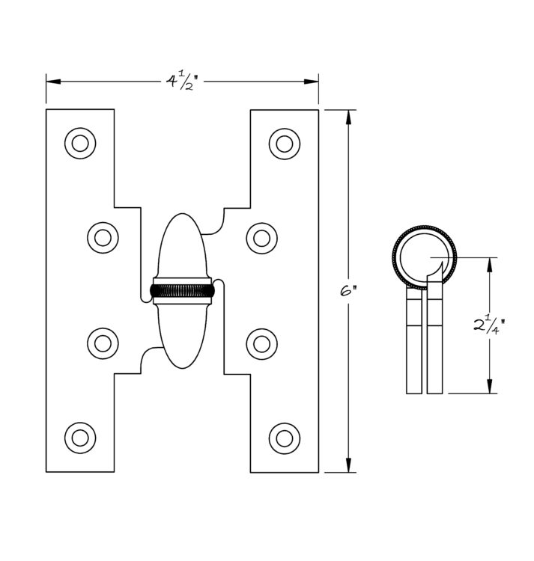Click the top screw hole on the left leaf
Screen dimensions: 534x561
point(80,144)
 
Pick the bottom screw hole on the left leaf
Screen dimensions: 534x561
point(80,438)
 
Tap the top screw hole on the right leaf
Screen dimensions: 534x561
point(285,144)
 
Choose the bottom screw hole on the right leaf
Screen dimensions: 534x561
point(285,438)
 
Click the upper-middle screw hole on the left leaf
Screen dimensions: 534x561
point(103,238)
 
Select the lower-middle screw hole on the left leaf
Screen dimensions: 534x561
point(103,343)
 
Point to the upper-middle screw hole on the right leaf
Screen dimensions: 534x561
point(262,239)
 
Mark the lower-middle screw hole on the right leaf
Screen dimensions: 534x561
point(262,344)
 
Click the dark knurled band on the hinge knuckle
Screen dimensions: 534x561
point(182,291)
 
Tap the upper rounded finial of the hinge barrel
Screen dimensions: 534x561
point(182,245)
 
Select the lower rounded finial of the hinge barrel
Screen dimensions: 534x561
point(182,337)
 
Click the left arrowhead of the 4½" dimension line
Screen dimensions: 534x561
point(53,82)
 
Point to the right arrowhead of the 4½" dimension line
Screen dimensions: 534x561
point(312,82)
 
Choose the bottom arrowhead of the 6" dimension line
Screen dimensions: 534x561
point(348,465)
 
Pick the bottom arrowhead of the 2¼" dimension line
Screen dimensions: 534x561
point(490,387)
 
